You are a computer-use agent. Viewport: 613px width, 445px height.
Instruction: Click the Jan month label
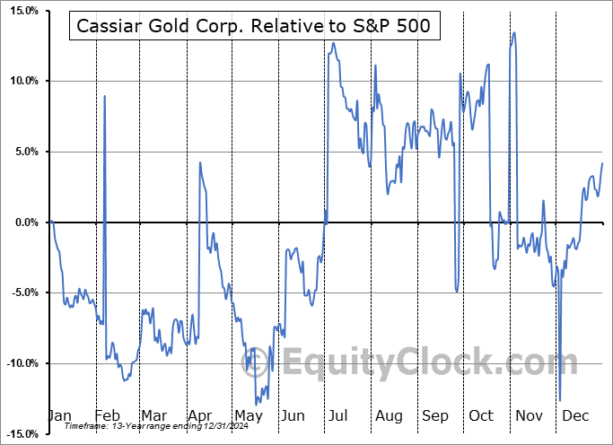(58, 416)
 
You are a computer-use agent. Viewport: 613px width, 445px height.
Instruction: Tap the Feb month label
(106, 416)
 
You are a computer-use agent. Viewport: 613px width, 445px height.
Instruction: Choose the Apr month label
(199, 416)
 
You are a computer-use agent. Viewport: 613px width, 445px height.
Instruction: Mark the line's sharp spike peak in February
(105, 96)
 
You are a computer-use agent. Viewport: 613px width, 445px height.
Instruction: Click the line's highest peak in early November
(514, 33)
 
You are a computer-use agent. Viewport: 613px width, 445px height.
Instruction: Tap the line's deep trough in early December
(560, 400)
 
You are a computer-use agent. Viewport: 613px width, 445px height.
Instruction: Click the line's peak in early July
(334, 43)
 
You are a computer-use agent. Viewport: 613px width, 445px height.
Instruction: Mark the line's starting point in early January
(52, 222)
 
